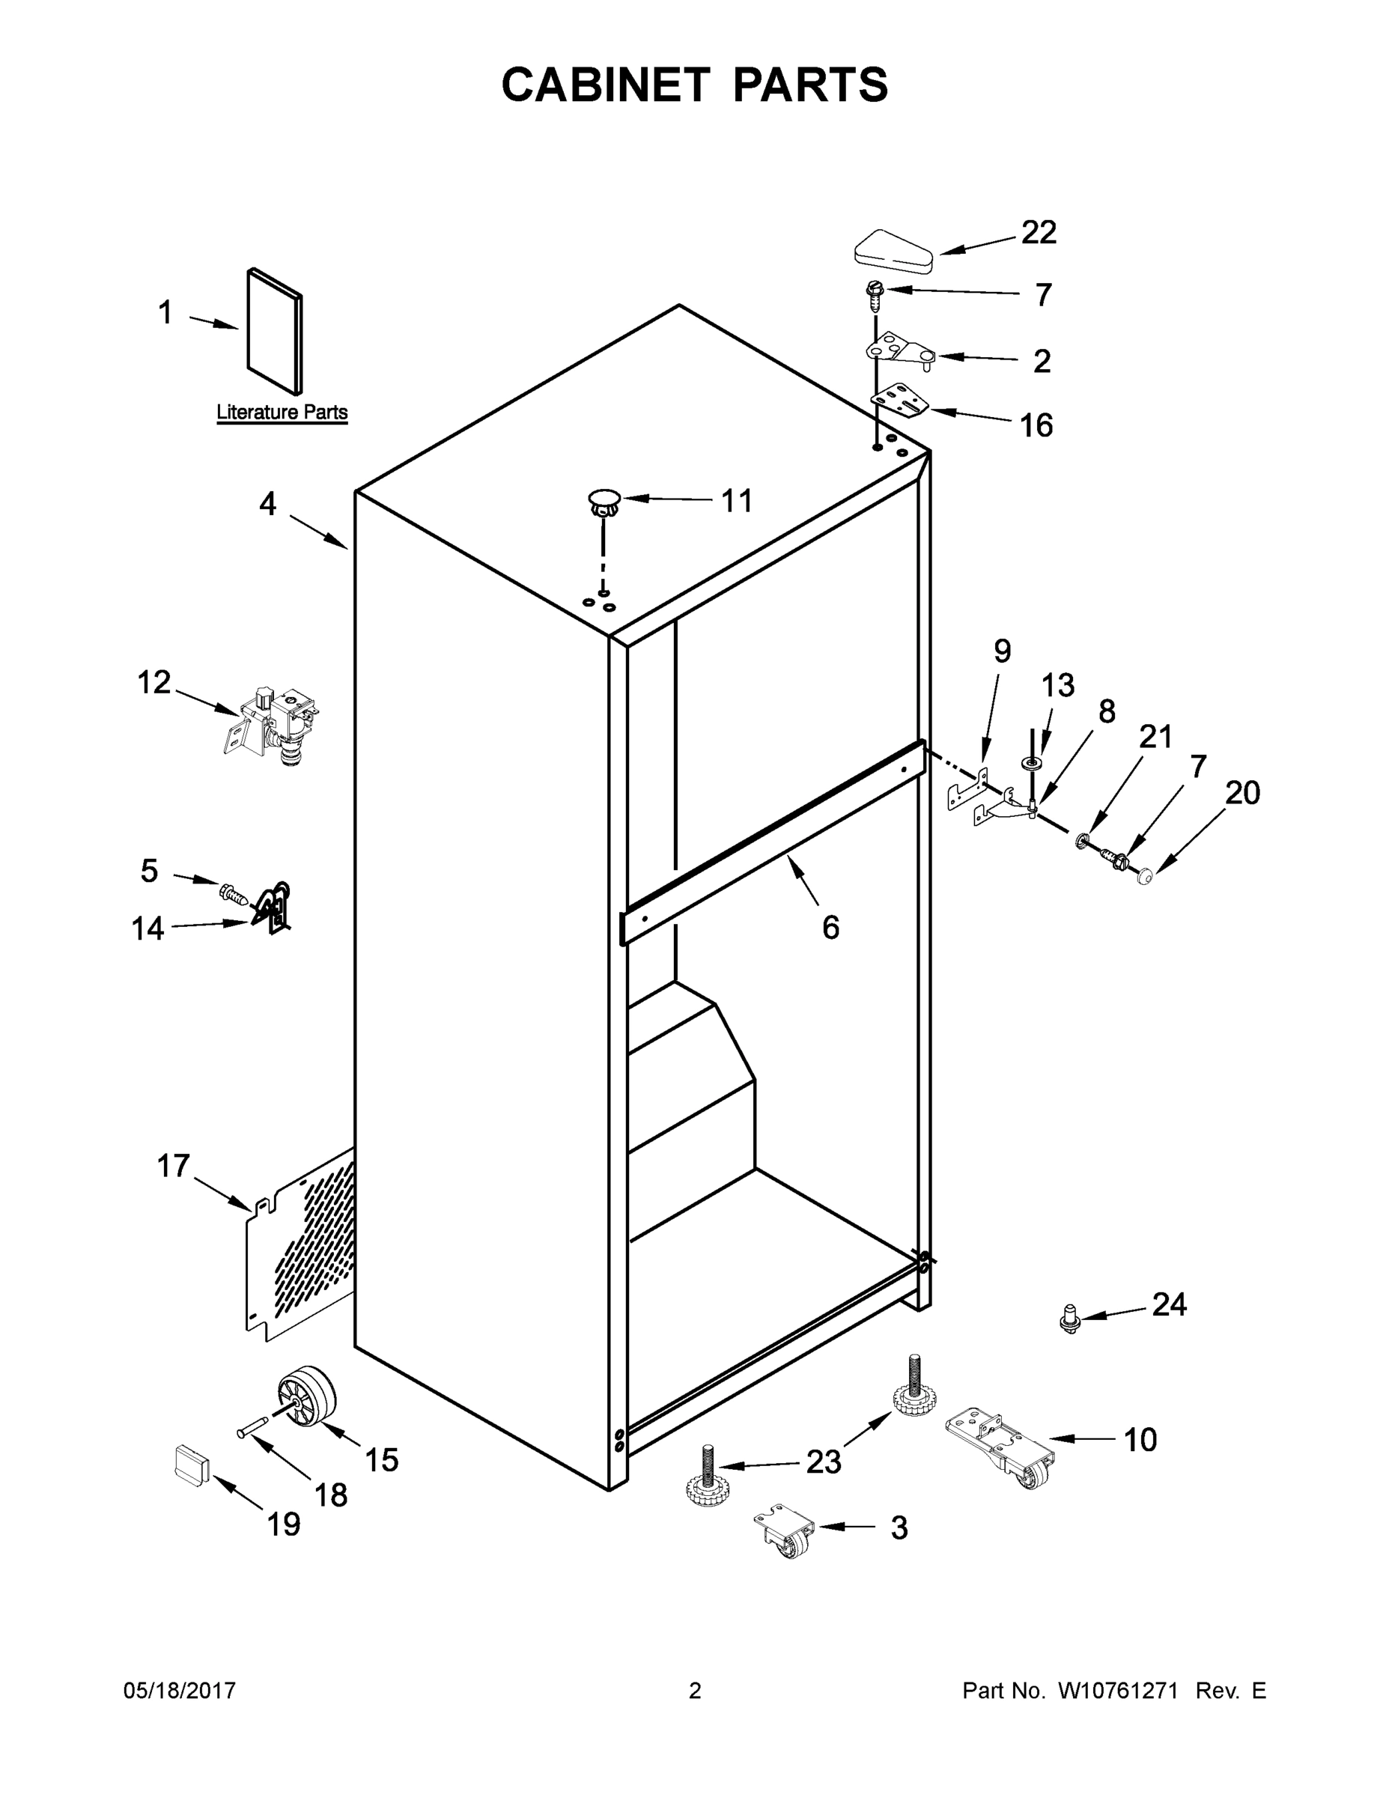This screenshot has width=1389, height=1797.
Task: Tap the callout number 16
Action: click(1036, 425)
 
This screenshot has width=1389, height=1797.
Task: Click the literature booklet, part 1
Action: click(275, 331)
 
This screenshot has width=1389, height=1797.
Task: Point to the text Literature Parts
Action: click(282, 413)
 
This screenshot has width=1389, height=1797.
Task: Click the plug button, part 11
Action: click(604, 501)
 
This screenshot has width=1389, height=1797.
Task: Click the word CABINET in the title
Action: click(605, 85)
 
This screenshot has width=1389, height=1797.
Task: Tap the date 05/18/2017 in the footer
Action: click(180, 1690)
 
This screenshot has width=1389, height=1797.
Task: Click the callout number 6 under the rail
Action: click(830, 927)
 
